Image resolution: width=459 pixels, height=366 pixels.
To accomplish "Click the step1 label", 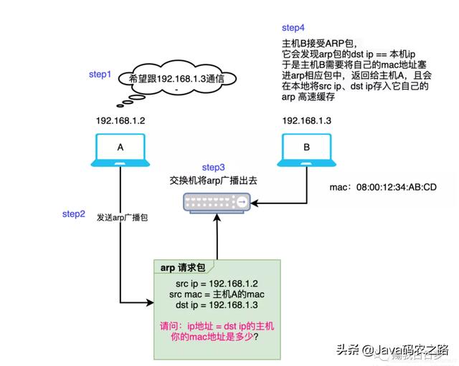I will tap(100, 74).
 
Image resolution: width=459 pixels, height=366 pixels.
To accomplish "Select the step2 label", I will tap(75, 214).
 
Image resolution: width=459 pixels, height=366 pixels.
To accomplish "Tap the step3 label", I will tap(214, 167).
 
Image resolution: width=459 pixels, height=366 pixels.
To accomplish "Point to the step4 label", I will tap(293, 27).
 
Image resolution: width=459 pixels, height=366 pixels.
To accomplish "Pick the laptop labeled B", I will tap(306, 151).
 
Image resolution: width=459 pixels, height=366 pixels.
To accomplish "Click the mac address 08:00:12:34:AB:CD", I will tap(382, 188).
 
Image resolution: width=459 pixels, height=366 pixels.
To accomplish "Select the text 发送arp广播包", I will tap(123, 216).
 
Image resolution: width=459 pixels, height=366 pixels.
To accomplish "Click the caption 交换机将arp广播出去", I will tap(214, 181).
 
